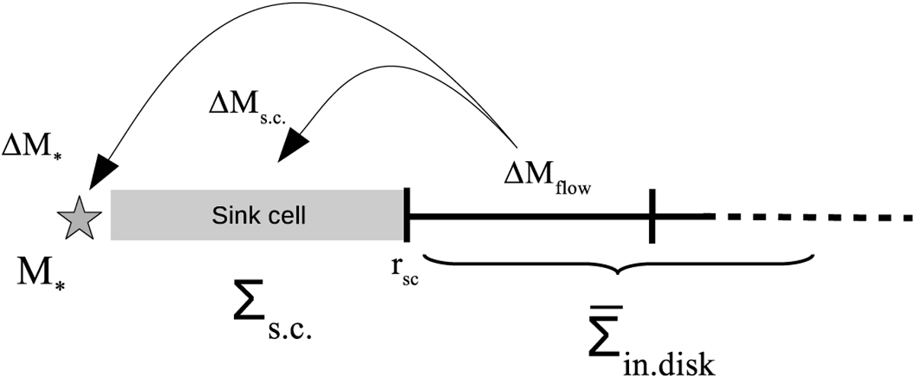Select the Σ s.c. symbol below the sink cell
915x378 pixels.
[x=274, y=310]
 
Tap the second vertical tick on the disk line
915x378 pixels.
[x=652, y=217]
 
